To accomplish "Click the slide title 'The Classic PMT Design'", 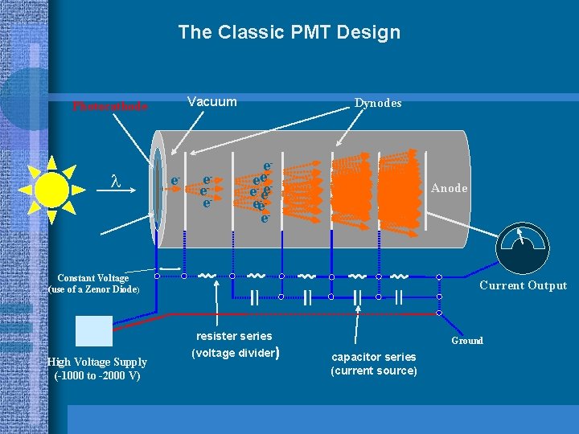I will click(289, 33).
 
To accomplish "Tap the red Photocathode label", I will click(110, 105).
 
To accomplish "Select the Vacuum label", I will click(211, 102).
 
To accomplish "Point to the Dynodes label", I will click(378, 103).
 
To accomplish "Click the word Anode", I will click(449, 188).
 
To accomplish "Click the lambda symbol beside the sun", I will click(115, 183).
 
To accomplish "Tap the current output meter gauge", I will click(524, 246).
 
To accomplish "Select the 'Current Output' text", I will click(523, 285).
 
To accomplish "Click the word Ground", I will click(467, 341).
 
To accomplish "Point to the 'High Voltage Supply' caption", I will click(96, 362).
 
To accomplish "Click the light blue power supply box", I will click(93, 330).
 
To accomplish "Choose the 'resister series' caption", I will click(234, 336).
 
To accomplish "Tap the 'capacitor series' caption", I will click(374, 357).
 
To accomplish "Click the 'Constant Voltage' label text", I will click(92, 278).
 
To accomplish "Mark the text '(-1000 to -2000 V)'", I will click(96, 376).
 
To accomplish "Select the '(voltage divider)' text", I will click(235, 352).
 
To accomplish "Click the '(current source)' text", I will click(374, 371).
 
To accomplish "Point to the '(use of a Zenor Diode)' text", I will click(94, 289).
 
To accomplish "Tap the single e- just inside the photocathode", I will click(175, 182).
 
